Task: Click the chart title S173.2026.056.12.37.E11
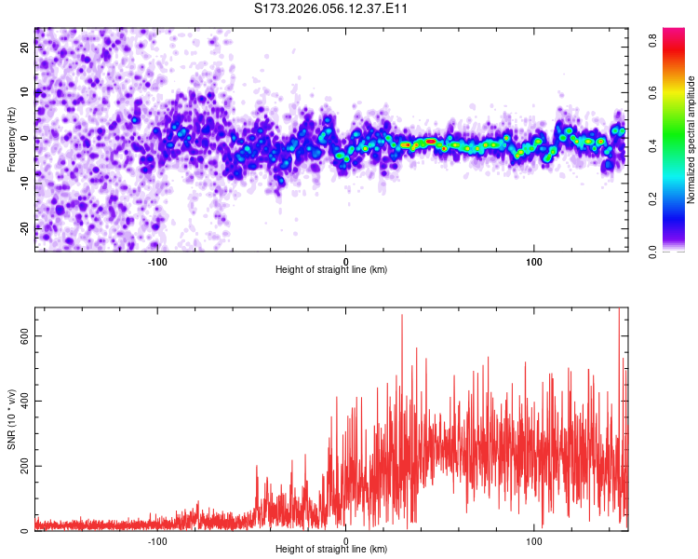coord(331,8)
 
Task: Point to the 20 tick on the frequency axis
coord(25,49)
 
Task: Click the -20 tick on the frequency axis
coord(25,226)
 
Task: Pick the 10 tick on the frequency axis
coord(25,93)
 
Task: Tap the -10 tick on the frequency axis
coord(25,183)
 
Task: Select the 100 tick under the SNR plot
coord(534,540)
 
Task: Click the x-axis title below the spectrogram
coord(331,270)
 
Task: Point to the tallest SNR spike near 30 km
coord(402,317)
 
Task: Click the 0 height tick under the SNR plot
coord(346,540)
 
